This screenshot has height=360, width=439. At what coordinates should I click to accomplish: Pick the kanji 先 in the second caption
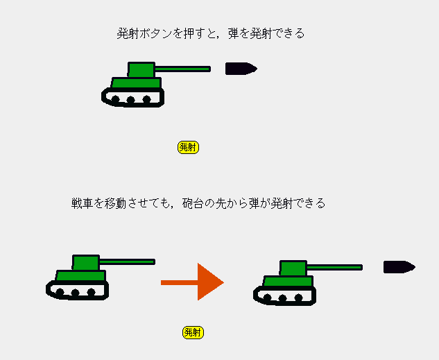pyautogui.click(x=221, y=203)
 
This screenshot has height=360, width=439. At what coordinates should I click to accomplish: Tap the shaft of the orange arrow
pyautogui.click(x=179, y=283)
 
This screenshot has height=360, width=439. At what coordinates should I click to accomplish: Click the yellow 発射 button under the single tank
pyautogui.click(x=188, y=147)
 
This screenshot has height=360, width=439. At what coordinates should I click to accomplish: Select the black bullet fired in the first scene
pyautogui.click(x=241, y=69)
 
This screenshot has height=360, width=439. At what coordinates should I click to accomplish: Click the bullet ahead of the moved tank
pyautogui.click(x=399, y=267)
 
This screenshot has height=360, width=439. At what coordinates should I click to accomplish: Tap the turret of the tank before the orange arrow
pyautogui.click(x=86, y=263)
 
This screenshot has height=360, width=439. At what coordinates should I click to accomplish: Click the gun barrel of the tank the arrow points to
pyautogui.click(x=334, y=268)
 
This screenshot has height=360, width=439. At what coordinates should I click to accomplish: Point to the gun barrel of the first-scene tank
pyautogui.click(x=182, y=69)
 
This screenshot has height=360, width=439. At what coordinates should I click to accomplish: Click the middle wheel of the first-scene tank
pyautogui.click(x=131, y=100)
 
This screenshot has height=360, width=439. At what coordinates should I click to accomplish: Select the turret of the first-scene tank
pyautogui.click(x=141, y=69)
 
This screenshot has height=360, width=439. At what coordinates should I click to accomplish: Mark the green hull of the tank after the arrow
pyautogui.click(x=289, y=281)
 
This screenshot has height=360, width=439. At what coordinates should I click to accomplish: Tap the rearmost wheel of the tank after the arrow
pyautogui.click(x=267, y=298)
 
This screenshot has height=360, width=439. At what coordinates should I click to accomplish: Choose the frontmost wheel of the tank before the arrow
pyautogui.click(x=91, y=293)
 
